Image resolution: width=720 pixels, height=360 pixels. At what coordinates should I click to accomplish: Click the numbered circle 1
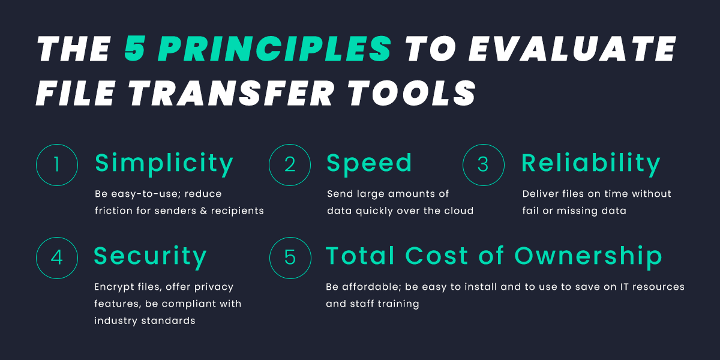[x=57, y=164]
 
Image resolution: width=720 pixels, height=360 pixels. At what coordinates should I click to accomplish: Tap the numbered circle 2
[x=290, y=164]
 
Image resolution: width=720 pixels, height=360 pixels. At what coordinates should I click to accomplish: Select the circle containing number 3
[x=483, y=164]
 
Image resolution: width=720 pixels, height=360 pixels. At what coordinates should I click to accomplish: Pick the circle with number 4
[x=57, y=257]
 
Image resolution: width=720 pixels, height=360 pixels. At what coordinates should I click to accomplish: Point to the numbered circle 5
[x=290, y=257]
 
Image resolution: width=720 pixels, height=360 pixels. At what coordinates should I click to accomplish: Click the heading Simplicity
[x=164, y=163]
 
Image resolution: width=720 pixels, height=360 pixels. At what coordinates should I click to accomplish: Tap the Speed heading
[x=369, y=163]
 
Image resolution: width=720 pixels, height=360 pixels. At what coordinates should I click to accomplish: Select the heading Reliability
[x=591, y=163]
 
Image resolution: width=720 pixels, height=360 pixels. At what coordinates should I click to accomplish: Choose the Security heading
[x=150, y=256]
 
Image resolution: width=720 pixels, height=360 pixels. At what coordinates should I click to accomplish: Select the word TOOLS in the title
[x=413, y=94]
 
